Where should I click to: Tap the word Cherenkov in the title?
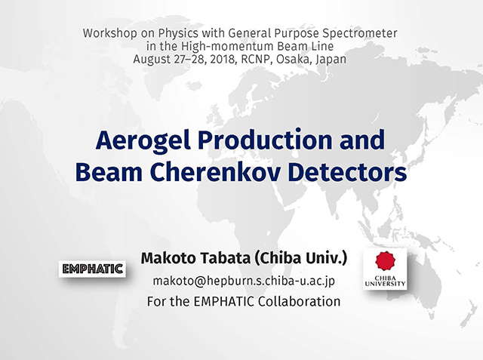click(x=215, y=172)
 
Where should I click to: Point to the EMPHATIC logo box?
click(x=92, y=269)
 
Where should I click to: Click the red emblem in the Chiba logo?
click(x=385, y=261)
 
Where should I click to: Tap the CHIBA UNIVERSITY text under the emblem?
click(x=385, y=281)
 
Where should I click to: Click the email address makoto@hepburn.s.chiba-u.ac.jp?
click(x=244, y=281)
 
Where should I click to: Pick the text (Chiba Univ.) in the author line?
click(x=301, y=258)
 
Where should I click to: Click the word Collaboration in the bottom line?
click(x=299, y=301)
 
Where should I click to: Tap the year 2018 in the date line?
click(x=223, y=59)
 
